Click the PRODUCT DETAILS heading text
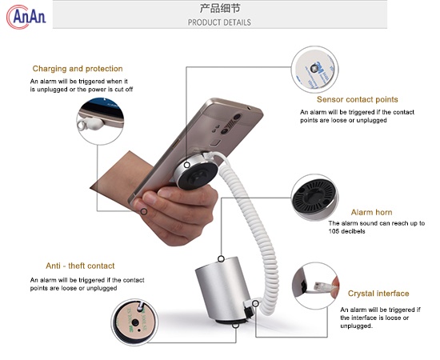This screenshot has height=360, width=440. coord(219,22)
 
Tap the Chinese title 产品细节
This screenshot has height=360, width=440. coord(218,9)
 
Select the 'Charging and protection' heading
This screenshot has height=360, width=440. coord(78,69)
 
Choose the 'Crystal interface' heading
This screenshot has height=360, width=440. coord(378,294)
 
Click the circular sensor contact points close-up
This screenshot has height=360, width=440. coord(315,69)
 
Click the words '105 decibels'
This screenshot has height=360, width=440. coord(346,232)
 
